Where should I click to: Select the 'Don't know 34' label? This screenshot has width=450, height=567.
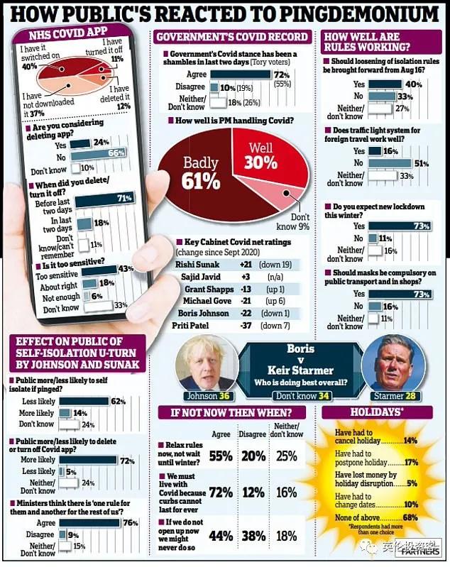(297, 396)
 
